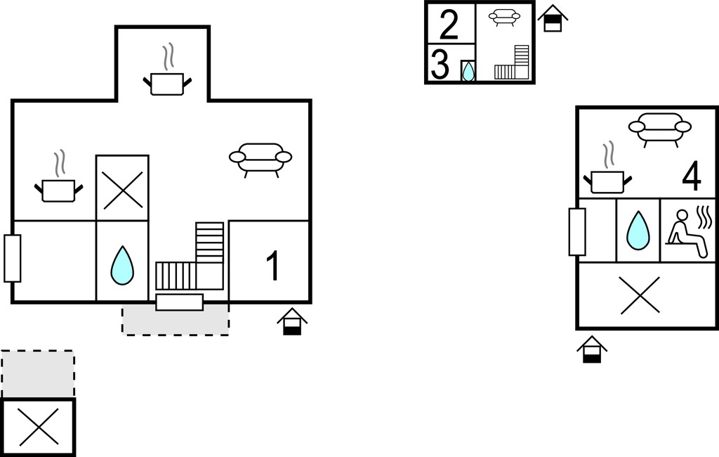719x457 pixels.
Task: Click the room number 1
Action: tap(273, 266)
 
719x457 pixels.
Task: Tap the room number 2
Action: tap(449, 25)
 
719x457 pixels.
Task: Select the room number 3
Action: tap(440, 65)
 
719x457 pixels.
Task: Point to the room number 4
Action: tap(692, 176)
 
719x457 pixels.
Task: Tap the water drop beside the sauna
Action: tap(638, 230)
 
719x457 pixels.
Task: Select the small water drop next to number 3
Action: tap(468, 71)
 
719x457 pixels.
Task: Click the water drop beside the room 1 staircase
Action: tap(122, 265)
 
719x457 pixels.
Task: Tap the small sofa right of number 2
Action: tap(504, 18)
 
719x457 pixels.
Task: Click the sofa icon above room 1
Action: tap(260, 160)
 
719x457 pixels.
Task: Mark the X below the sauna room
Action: tap(640, 295)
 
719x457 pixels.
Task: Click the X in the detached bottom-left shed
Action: tap(39, 427)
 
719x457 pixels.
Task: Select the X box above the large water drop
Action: tap(122, 188)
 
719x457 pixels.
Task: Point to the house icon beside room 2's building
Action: tap(553, 18)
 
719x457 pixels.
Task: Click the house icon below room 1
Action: tap(292, 321)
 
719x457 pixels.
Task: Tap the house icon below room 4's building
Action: tap(592, 349)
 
